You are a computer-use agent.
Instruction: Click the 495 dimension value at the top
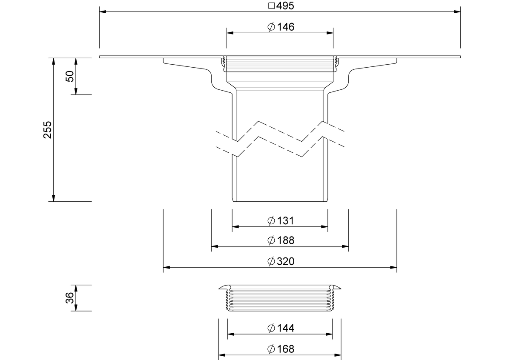click(x=285, y=6)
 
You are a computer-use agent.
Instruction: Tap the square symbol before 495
click(x=272, y=6)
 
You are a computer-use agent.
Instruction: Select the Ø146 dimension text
click(x=281, y=27)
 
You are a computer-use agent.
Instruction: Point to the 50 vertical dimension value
click(x=70, y=76)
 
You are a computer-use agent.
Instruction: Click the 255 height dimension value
click(x=48, y=130)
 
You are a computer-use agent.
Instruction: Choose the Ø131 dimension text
click(x=281, y=221)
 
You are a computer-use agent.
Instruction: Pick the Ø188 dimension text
click(x=281, y=240)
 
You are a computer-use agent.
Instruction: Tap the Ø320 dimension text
click(x=281, y=261)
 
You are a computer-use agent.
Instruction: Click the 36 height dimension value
click(x=70, y=298)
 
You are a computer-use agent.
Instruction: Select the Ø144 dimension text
click(x=281, y=328)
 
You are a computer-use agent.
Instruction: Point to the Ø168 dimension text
click(x=281, y=349)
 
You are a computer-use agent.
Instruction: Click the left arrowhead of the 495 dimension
click(x=103, y=11)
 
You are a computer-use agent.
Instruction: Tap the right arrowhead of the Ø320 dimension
click(x=393, y=267)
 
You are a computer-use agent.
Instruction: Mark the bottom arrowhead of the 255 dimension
click(x=54, y=198)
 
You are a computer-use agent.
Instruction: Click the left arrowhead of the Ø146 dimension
click(x=230, y=33)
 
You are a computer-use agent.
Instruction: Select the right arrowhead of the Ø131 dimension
click(x=324, y=227)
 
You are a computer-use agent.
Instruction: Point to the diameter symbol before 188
click(x=271, y=240)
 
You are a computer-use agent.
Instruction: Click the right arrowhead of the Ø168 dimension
click(x=338, y=355)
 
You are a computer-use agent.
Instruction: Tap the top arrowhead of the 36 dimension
click(x=76, y=288)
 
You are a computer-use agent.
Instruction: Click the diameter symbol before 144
click(x=271, y=328)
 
